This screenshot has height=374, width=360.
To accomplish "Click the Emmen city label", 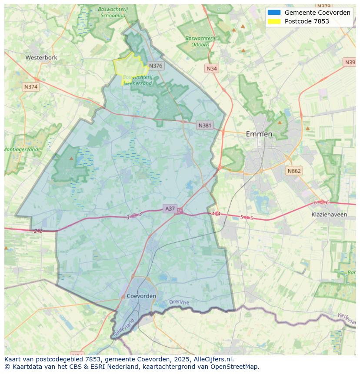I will coord(259,134).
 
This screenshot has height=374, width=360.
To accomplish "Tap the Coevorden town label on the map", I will coord(142,296).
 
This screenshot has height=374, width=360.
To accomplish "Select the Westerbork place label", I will coord(41,57).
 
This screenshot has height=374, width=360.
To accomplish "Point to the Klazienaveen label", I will coord(329,215).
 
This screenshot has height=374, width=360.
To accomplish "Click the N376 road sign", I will coord(155,66).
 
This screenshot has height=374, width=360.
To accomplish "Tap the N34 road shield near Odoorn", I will coord(212,69).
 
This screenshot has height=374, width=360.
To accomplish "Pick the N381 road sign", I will coord(205,126).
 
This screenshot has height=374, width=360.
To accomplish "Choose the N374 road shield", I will coord(31,87).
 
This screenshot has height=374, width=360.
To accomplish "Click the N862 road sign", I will coord(293,171).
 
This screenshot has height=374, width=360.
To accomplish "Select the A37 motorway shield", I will coord(170,209).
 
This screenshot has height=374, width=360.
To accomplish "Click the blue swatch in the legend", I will coord(274,13).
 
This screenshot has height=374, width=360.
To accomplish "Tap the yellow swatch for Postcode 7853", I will coord(274,21).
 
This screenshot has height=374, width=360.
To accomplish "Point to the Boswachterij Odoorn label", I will coord(200,41).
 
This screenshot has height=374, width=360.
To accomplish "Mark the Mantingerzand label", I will coord(21,149).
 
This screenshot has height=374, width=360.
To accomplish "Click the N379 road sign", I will coord(324,6).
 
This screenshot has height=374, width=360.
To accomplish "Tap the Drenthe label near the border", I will coord(179,302).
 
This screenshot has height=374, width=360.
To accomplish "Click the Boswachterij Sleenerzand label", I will coord(137,80).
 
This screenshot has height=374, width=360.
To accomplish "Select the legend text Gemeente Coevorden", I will coord(317,13).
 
